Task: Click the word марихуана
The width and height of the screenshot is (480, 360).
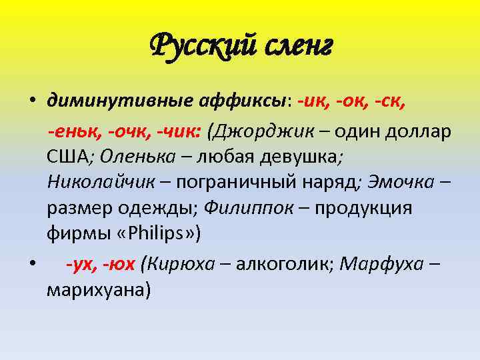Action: [99, 290]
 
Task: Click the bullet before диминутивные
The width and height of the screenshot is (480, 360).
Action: [31, 103]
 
